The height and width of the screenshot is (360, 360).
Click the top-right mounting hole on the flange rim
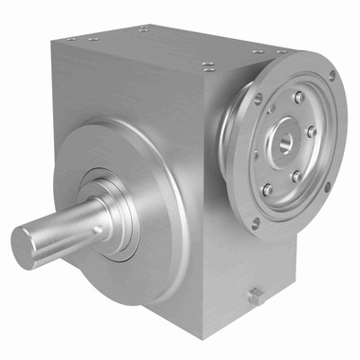[x=331, y=75]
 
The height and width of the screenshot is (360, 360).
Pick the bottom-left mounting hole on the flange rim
[x=255, y=224]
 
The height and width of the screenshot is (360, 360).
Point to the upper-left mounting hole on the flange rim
[x=257, y=99]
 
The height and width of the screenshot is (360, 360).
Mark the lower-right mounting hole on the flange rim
[x=326, y=187]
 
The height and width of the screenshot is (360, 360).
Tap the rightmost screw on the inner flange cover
[x=313, y=132]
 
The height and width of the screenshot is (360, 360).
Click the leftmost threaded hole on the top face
[x=73, y=38]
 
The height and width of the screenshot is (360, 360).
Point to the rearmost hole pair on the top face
[x=142, y=28]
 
